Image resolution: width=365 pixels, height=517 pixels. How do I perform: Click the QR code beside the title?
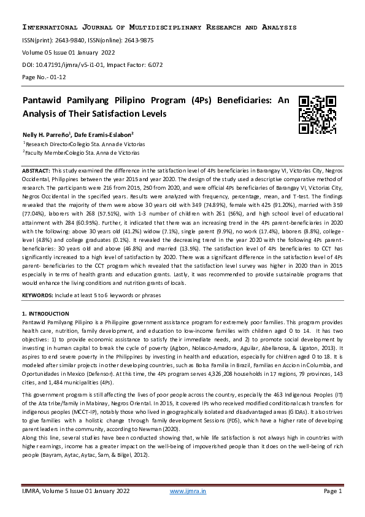click(317, 115)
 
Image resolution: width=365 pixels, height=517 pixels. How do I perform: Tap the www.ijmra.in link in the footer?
click(187, 491)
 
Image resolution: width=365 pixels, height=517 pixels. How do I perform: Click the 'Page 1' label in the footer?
click(332, 491)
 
